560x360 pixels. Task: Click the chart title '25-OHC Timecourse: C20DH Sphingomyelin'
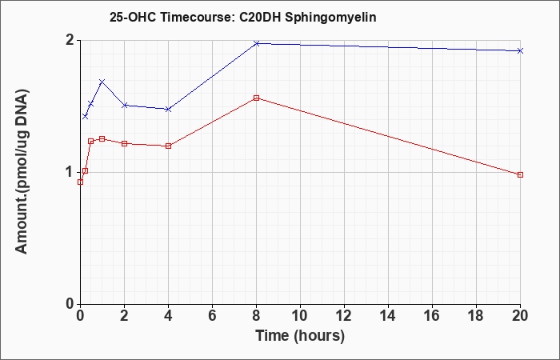(x=243, y=18)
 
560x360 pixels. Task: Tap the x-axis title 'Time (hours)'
(x=300, y=336)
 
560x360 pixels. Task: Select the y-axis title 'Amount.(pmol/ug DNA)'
(x=22, y=172)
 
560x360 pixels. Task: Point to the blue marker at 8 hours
(x=256, y=43)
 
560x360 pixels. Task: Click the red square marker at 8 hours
(x=256, y=98)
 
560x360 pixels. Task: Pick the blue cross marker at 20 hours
(x=520, y=50)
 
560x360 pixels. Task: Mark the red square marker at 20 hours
(x=520, y=174)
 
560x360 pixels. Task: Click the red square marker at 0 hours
(x=80, y=182)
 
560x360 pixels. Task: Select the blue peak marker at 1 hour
(x=102, y=82)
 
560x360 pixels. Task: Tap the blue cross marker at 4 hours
(x=168, y=109)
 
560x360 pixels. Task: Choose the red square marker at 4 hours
(x=168, y=146)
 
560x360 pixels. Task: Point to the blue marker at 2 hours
(x=124, y=106)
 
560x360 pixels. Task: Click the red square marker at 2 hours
(x=124, y=143)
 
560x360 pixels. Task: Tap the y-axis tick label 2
(x=71, y=40)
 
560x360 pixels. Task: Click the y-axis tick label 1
(x=71, y=173)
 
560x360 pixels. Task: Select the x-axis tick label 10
(x=300, y=316)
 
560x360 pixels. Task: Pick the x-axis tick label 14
(x=388, y=316)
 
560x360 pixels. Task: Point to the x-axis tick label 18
(x=476, y=316)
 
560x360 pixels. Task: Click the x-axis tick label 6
(x=212, y=316)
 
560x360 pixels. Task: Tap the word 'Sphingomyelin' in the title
(x=330, y=18)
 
